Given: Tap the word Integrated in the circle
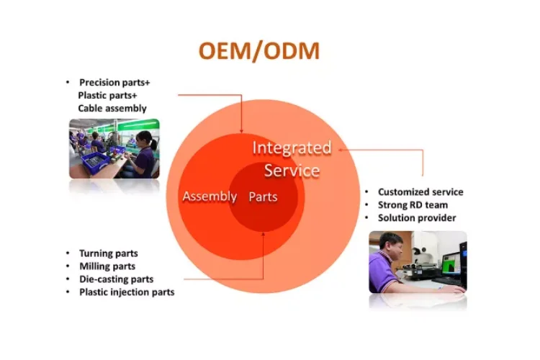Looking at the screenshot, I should click(291, 148).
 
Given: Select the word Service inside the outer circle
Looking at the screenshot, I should click(291, 171).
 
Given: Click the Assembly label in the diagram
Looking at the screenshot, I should click(210, 197).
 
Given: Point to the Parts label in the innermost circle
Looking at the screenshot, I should click(263, 197).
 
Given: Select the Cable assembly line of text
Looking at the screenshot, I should click(112, 108).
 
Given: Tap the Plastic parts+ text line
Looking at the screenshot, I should click(107, 95).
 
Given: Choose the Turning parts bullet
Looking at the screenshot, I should click(108, 253).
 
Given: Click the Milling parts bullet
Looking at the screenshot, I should click(107, 266).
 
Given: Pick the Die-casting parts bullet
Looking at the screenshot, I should click(116, 279).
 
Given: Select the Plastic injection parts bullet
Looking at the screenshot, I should click(127, 292).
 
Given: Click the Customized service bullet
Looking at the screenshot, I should click(420, 192).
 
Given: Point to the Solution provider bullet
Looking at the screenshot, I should click(417, 217).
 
